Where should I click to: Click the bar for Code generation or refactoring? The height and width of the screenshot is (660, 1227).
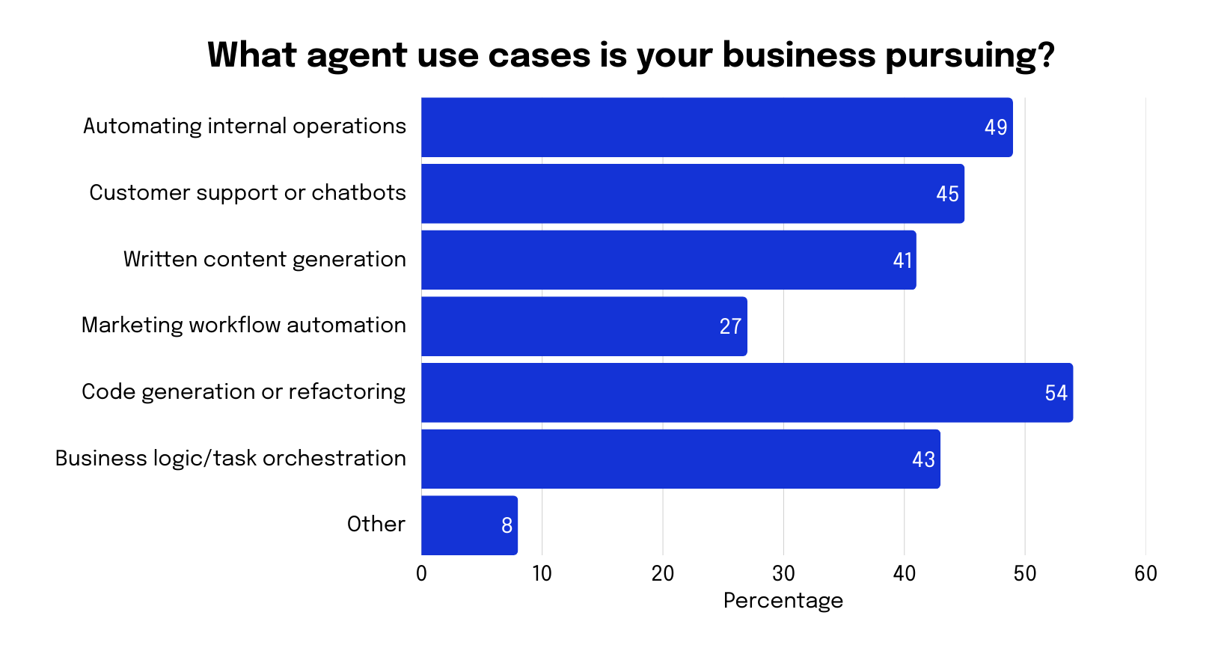(x=747, y=393)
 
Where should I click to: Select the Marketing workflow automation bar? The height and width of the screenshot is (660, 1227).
(x=584, y=326)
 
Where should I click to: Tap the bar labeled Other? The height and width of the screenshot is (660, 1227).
(x=469, y=525)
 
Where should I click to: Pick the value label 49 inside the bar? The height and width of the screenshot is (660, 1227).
(x=996, y=128)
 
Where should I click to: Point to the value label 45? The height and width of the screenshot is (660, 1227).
(x=947, y=195)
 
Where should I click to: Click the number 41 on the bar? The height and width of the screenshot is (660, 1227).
(x=902, y=260)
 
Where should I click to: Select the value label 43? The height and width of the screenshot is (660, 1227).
(x=923, y=459)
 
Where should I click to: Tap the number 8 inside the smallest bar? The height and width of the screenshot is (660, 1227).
(x=507, y=526)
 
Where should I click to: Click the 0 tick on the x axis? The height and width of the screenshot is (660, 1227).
(x=421, y=574)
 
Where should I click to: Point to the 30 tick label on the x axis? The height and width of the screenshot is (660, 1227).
(x=783, y=574)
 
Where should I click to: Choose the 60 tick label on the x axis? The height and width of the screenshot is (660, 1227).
(x=1145, y=574)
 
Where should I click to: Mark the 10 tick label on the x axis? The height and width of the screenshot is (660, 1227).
(x=542, y=574)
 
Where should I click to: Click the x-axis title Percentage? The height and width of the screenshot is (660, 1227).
(x=783, y=601)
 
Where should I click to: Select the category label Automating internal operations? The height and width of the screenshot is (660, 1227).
(x=245, y=126)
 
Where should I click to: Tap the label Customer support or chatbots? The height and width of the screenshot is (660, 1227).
(x=248, y=193)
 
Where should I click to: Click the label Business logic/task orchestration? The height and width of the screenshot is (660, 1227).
(x=230, y=459)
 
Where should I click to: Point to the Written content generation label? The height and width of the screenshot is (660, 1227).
(x=264, y=260)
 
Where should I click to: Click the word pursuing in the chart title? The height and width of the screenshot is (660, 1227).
(x=970, y=56)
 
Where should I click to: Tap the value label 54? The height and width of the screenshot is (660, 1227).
(x=1056, y=394)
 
